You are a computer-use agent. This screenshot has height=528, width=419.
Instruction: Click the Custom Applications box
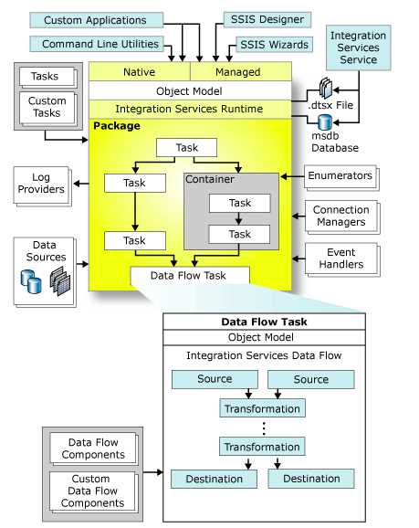(x=96, y=20)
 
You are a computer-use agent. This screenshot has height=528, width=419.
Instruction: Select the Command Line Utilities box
(x=97, y=44)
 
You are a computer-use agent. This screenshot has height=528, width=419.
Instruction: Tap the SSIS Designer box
(x=267, y=19)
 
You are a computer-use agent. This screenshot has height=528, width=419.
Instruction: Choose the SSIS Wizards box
(x=274, y=45)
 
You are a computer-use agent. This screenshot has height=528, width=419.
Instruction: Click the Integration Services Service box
(x=358, y=48)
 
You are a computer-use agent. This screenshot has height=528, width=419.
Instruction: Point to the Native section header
(x=140, y=71)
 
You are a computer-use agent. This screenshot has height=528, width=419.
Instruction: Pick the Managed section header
(x=241, y=71)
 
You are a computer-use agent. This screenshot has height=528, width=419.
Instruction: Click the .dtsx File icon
(x=326, y=88)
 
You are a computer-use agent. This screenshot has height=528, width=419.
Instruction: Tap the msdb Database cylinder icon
(x=325, y=122)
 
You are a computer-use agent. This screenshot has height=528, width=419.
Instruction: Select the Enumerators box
(x=340, y=176)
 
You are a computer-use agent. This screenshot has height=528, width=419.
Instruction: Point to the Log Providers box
(x=41, y=185)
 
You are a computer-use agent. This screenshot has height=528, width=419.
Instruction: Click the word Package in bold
(x=117, y=125)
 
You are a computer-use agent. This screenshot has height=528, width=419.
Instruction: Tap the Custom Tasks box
(x=47, y=108)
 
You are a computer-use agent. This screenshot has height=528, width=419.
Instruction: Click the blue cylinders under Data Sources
(x=31, y=281)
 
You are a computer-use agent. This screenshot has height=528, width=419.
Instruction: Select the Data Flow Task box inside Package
(x=190, y=276)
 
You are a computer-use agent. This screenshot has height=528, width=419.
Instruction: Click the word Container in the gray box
(x=209, y=179)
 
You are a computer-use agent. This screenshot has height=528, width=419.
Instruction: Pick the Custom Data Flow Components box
(x=92, y=491)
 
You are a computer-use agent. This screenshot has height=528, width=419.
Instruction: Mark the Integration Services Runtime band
(x=190, y=109)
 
